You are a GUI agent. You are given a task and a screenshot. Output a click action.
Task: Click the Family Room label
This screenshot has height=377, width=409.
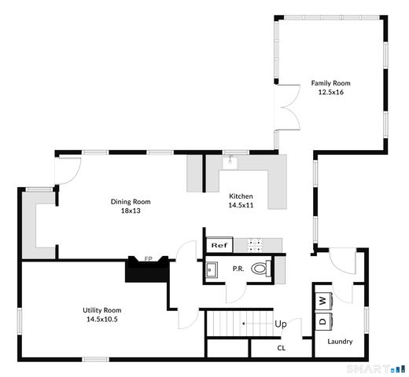click(x=330, y=82)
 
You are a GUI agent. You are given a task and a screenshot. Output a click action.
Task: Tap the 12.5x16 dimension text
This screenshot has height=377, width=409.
click(x=330, y=92)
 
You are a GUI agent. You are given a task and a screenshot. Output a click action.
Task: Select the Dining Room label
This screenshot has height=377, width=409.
click(x=130, y=201)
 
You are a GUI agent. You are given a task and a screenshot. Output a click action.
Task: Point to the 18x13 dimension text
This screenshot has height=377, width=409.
click(x=130, y=210)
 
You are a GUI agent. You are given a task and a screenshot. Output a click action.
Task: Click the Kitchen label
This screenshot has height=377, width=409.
click(x=241, y=196)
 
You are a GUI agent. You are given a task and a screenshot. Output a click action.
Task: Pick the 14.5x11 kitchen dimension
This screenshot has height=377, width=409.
click(x=241, y=205)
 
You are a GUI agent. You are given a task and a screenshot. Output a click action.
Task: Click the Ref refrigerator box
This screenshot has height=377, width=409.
click(x=219, y=245)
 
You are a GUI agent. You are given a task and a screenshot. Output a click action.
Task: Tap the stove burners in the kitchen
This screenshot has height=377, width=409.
click(x=257, y=244)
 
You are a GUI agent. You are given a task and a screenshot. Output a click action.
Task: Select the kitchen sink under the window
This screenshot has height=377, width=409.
click(x=230, y=162)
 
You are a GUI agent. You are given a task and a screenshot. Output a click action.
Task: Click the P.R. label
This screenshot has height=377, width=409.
click(x=237, y=269)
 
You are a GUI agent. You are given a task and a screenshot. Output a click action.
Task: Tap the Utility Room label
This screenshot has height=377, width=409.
click(x=101, y=310)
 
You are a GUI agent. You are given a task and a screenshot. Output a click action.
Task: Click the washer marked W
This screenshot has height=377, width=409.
click(x=323, y=300)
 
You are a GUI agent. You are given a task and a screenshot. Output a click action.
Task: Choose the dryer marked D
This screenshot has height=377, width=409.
click(x=323, y=320)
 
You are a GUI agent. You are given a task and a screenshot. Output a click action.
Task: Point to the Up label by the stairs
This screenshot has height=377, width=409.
click(x=280, y=323)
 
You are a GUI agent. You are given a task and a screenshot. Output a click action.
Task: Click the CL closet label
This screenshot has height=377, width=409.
click(x=281, y=347)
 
